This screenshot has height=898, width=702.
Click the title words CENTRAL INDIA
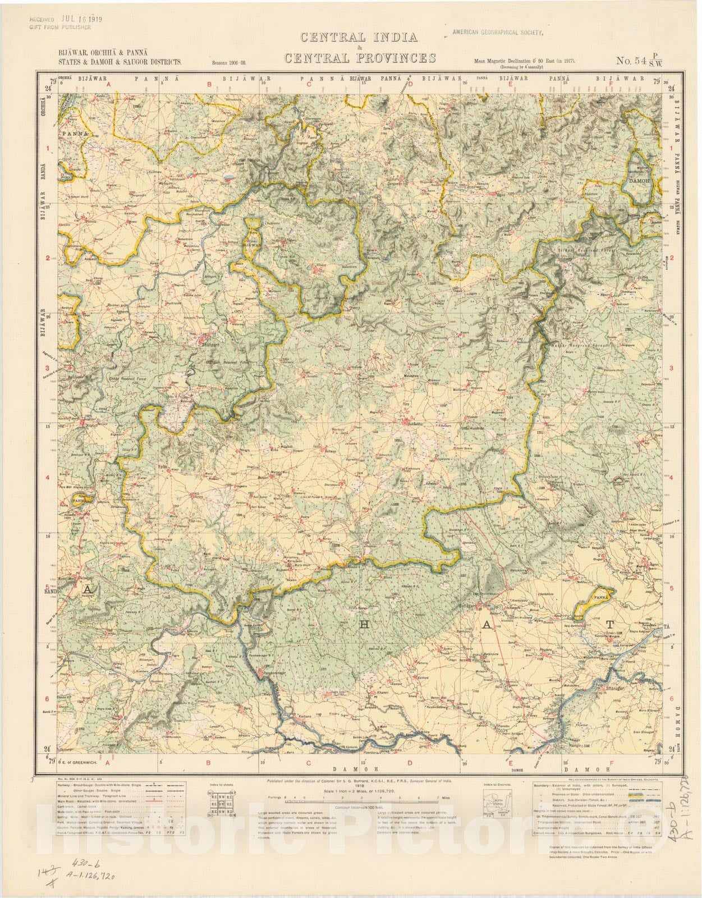[x=359, y=38]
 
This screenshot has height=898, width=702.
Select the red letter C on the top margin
[x=309, y=85]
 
